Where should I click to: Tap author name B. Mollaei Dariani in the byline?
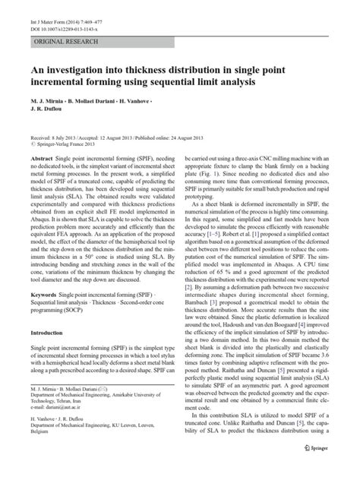pyautogui.click(x=113, y=101)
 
